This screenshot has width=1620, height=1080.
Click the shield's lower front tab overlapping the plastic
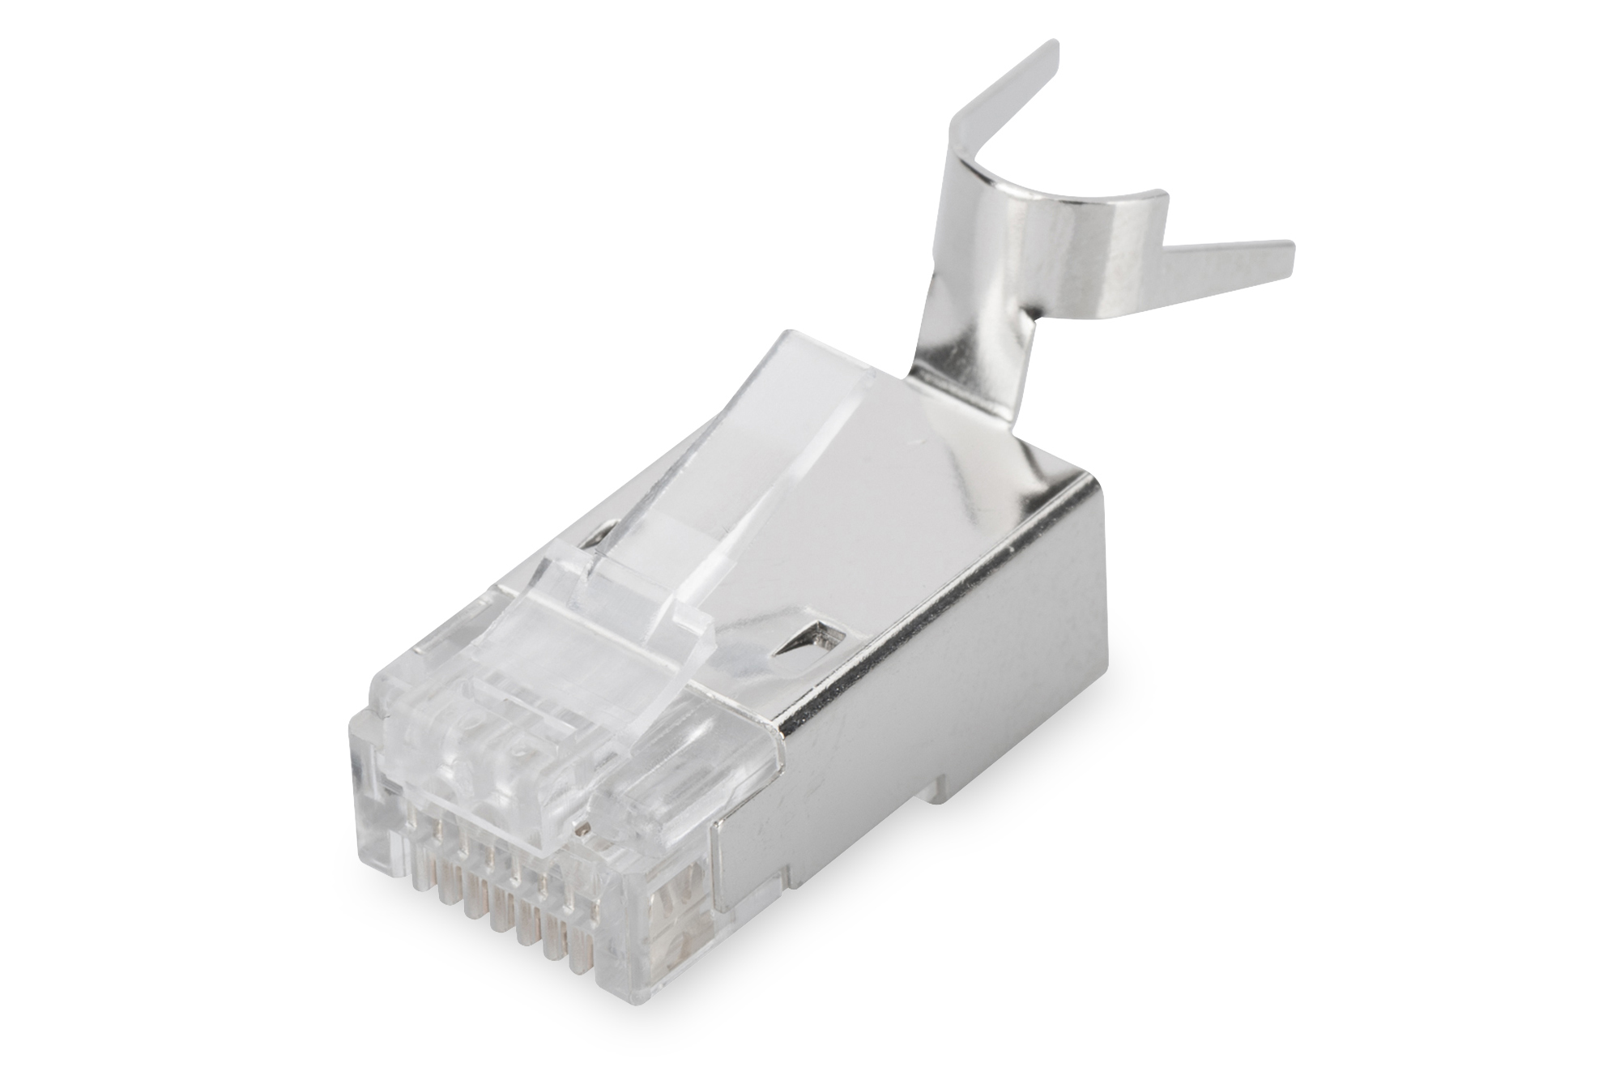tap(741, 859)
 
